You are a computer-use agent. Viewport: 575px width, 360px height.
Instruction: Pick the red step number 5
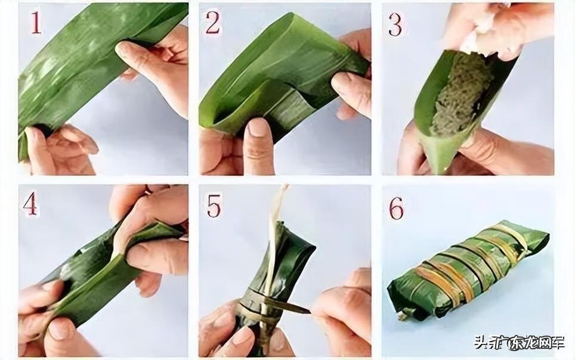pos(214,206)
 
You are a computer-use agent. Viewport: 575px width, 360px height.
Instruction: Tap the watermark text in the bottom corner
pos(519,343)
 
